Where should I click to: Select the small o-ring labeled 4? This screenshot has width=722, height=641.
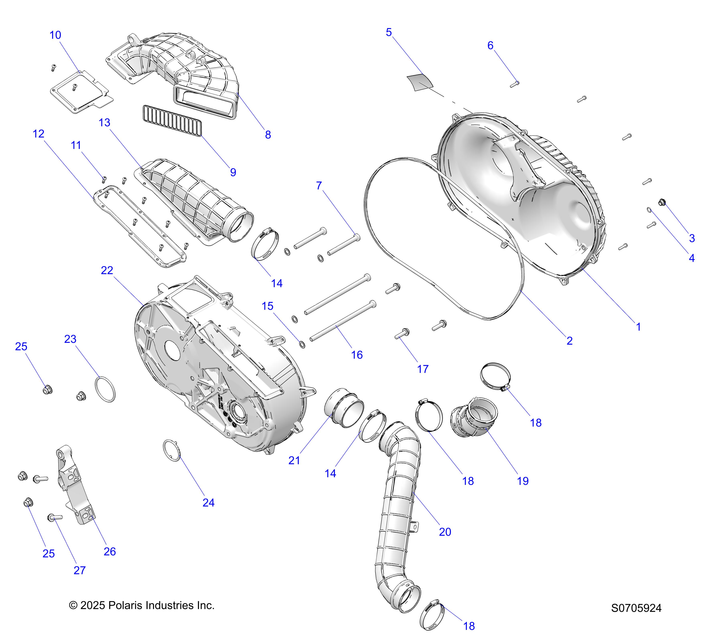pyautogui.click(x=649, y=210)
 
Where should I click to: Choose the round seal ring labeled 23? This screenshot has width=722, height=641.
pyautogui.click(x=105, y=389)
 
